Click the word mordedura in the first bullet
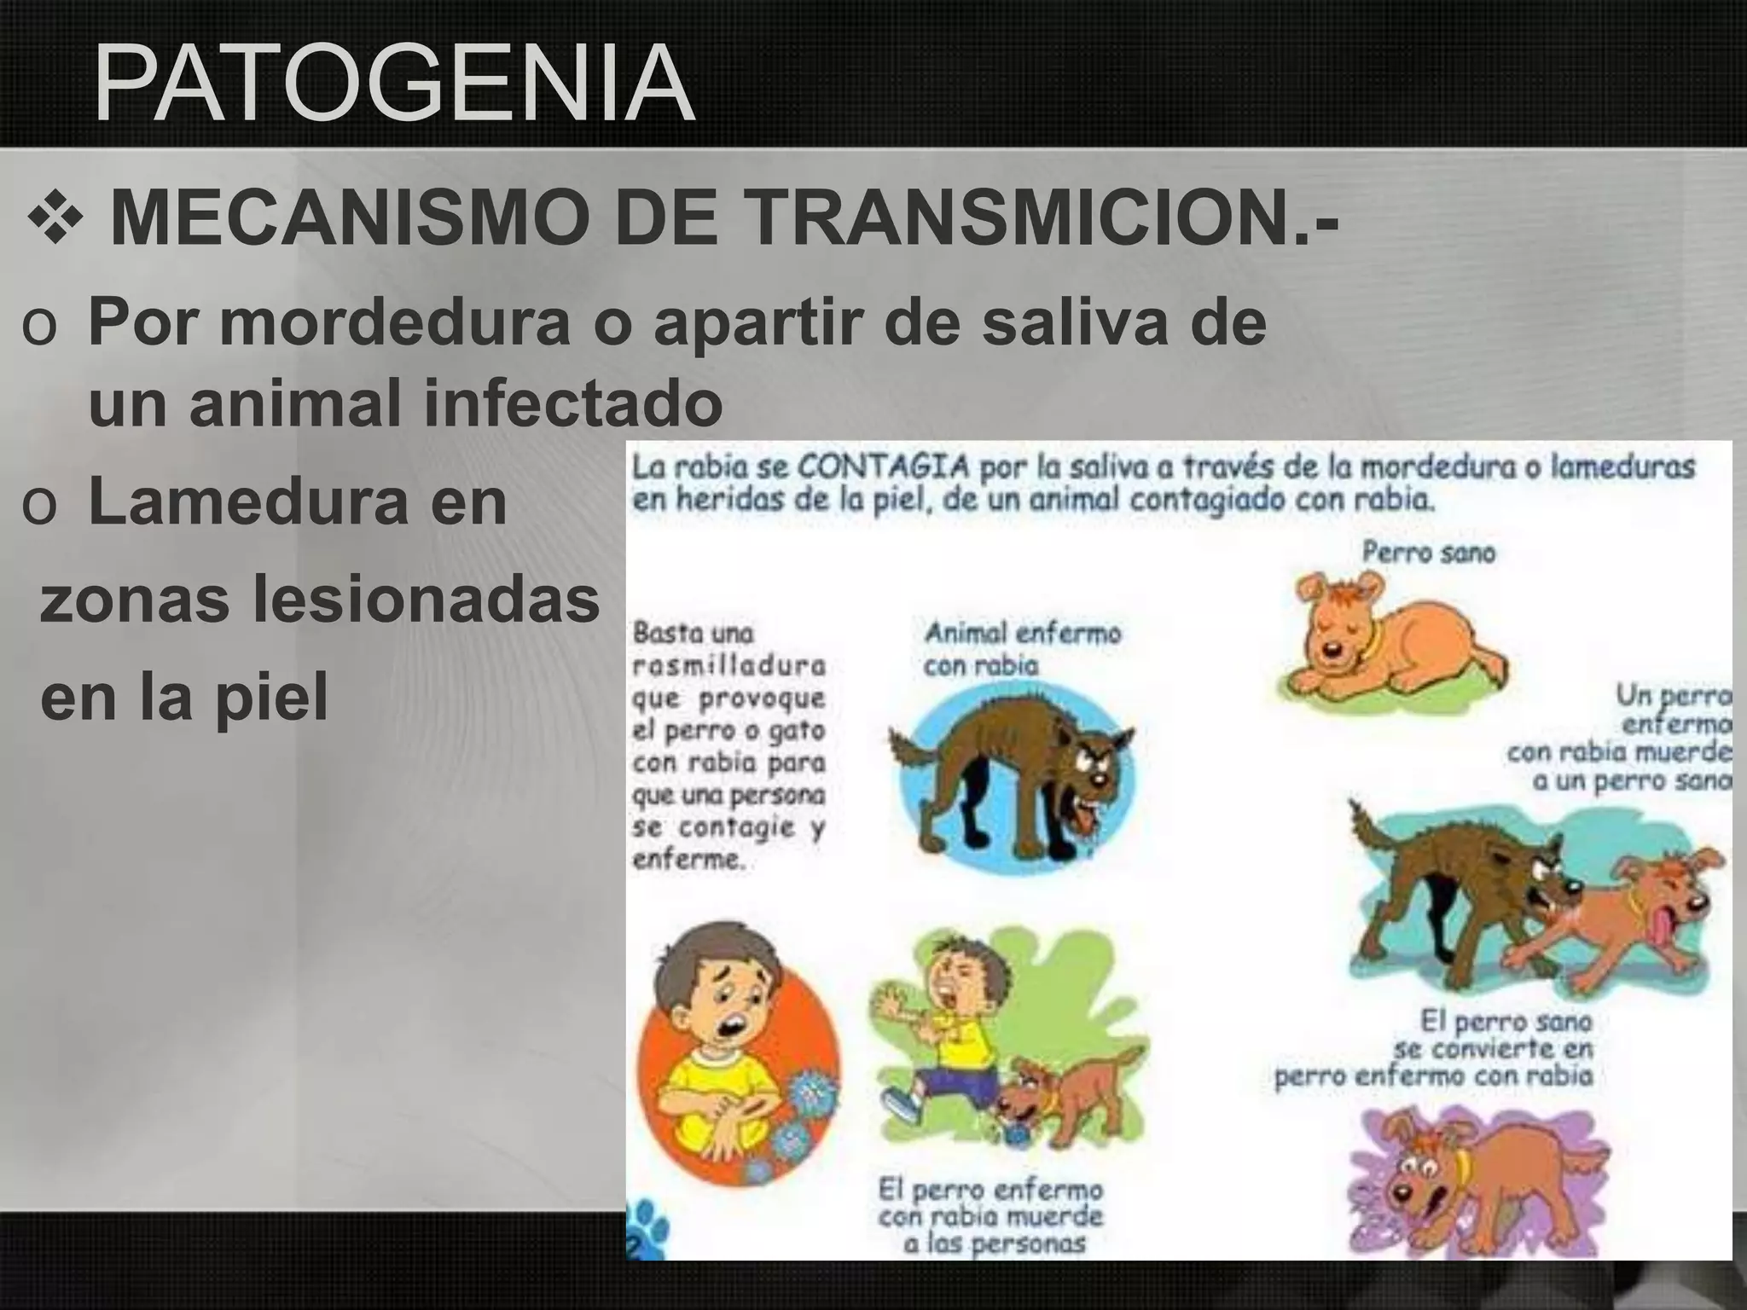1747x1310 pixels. [x=394, y=322]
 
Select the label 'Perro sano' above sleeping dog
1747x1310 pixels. [x=1428, y=553]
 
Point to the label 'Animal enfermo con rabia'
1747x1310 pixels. [x=1022, y=649]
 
